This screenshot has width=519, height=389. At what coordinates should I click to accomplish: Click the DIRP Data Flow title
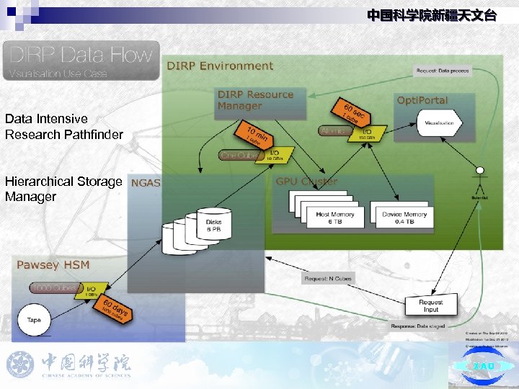(x=81, y=55)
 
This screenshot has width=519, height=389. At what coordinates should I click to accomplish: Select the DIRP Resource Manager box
(x=257, y=100)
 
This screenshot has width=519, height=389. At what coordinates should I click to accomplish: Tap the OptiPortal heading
(x=422, y=100)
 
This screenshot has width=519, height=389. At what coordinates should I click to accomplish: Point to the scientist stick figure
(x=477, y=174)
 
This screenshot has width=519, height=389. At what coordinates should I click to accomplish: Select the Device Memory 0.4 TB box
(x=404, y=218)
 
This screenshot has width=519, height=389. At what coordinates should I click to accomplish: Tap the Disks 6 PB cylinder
(x=214, y=225)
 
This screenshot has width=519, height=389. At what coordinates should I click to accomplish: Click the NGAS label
(x=146, y=183)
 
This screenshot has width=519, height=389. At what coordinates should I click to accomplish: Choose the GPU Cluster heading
(x=306, y=182)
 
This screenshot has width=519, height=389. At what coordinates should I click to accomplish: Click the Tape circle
(x=34, y=319)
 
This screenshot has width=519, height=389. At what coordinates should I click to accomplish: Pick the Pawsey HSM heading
(x=53, y=264)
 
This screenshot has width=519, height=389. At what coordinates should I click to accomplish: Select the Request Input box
(x=430, y=306)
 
